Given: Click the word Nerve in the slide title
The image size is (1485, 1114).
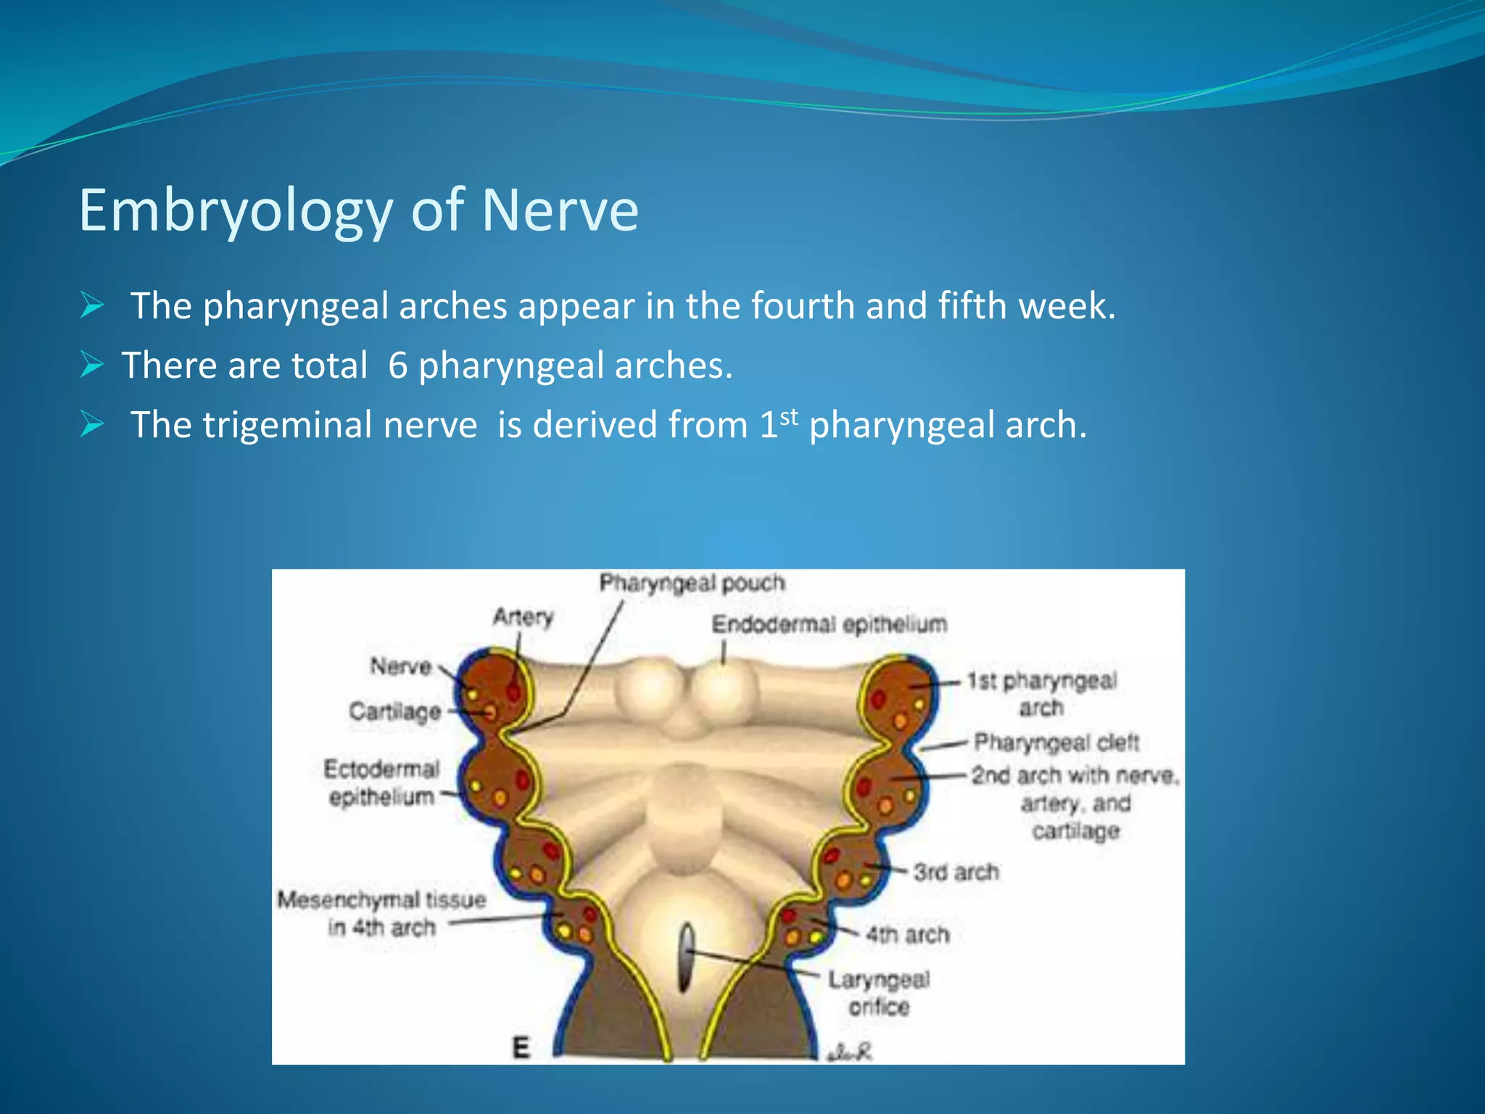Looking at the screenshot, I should (560, 211).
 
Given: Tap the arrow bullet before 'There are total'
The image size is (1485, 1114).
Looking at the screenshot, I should (92, 364).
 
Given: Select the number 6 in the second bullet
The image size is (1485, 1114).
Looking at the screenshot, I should (397, 366).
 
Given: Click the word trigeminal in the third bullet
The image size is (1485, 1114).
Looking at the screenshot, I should (339, 425).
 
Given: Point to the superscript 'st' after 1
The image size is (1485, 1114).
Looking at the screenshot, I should (789, 416).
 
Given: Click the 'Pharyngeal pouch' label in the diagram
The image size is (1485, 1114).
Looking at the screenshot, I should (692, 583).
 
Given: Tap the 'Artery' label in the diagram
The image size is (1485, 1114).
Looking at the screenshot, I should (523, 616).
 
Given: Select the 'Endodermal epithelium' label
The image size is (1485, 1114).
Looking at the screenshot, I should (829, 624).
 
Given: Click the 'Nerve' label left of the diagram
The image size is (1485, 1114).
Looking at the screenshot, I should (400, 666).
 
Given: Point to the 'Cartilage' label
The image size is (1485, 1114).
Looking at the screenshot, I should (394, 711).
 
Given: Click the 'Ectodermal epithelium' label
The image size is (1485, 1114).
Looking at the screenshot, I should (381, 783).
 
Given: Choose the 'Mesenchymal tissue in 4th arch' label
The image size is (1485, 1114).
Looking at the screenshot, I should (381, 913).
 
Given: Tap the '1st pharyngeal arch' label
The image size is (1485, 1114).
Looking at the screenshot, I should (1041, 693).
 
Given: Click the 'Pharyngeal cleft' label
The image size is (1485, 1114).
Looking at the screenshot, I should (1056, 743).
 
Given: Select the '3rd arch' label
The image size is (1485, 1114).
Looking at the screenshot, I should (956, 872).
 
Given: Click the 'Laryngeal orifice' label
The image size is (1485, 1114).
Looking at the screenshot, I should (879, 993).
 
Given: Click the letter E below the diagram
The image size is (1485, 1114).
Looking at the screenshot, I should (521, 1048).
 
